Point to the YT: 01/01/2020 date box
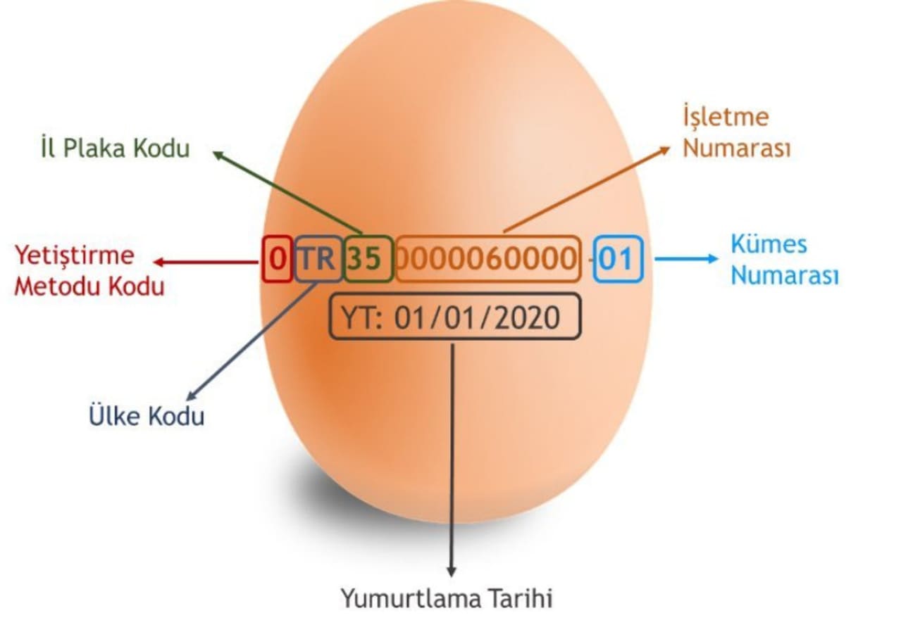click(x=456, y=317)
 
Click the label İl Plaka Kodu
click(x=115, y=148)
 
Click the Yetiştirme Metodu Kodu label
click(x=89, y=271)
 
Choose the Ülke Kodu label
click(x=147, y=415)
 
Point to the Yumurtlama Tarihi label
click(x=447, y=598)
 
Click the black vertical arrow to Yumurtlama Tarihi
click(x=452, y=457)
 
